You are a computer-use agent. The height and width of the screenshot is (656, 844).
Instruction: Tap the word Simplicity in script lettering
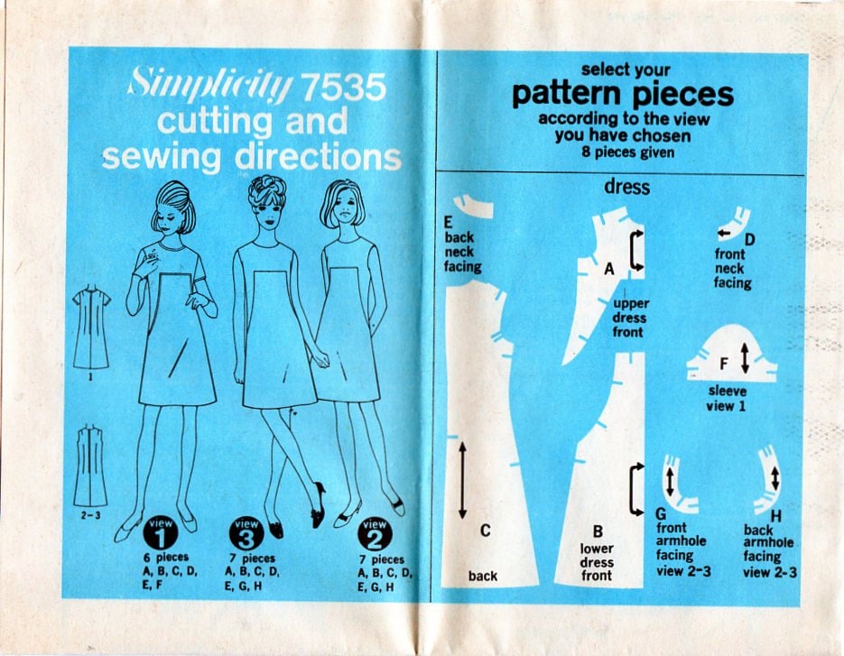210,86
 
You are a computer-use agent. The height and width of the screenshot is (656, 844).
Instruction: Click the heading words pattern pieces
622,95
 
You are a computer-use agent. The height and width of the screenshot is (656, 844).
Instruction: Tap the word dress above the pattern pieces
626,189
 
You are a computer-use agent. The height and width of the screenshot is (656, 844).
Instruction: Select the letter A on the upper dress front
608,268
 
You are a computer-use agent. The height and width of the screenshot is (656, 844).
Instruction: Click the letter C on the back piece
485,531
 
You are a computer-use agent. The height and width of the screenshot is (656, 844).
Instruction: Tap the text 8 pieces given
623,152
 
